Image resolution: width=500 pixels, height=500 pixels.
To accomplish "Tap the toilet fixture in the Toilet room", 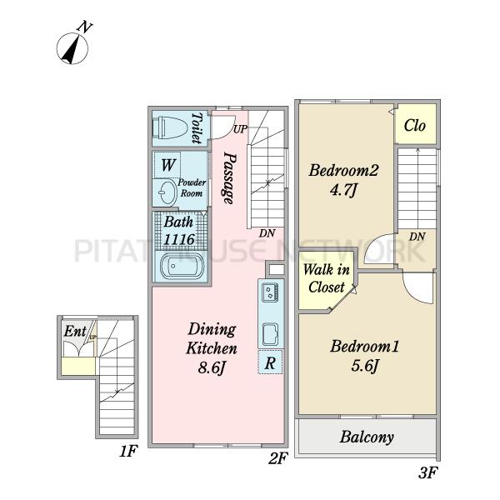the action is pyautogui.click(x=170, y=127).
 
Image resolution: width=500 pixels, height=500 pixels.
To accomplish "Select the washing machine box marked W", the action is pyautogui.click(x=167, y=165).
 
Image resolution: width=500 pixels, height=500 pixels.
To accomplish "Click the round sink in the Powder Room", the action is pyautogui.click(x=167, y=192).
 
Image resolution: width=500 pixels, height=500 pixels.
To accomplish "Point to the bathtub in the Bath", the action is pyautogui.click(x=182, y=266).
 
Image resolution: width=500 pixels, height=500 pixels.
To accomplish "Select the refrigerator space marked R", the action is pyautogui.click(x=270, y=362).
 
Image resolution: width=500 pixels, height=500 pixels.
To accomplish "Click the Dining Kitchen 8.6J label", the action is pyautogui.click(x=212, y=348).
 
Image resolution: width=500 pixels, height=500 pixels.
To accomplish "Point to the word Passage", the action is pyautogui.click(x=230, y=177).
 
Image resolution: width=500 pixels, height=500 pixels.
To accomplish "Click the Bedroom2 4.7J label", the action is pyautogui.click(x=343, y=180).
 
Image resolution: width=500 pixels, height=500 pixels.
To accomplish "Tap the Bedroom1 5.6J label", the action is pyautogui.click(x=364, y=356).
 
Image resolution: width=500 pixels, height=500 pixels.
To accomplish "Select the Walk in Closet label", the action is pyautogui.click(x=327, y=278).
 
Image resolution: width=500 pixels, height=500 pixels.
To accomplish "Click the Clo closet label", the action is pyautogui.click(x=414, y=125).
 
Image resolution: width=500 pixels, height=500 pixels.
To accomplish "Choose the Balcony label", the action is pyautogui.click(x=367, y=437).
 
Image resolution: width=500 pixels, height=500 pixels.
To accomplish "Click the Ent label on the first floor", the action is pyautogui.click(x=75, y=331).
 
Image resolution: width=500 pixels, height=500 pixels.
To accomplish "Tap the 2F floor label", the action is pyautogui.click(x=278, y=458).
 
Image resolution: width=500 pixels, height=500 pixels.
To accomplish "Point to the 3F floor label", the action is pyautogui.click(x=427, y=472).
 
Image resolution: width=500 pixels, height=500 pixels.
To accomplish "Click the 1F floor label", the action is pyautogui.click(x=128, y=451).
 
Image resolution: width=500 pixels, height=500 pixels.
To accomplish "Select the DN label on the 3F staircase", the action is pyautogui.click(x=417, y=237).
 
